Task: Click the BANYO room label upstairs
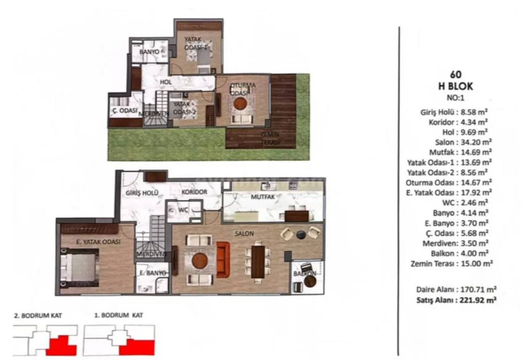pos(149,52)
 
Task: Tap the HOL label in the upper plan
pos(166,82)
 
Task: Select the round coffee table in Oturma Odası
pos(240,103)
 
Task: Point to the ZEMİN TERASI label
pos(271,138)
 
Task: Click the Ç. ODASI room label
pos(124,110)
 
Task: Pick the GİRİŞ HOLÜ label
pos(142,193)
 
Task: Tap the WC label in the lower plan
pos(184,210)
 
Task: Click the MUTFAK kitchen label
pos(263,197)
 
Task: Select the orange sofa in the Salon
pos(222,260)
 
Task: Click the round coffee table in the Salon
pos(200,260)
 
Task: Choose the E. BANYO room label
pos(153,273)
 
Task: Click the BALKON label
pos(305,274)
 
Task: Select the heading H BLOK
pos(455,87)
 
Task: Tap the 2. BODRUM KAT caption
pos(38,315)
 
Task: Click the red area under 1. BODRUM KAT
pos(137,348)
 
